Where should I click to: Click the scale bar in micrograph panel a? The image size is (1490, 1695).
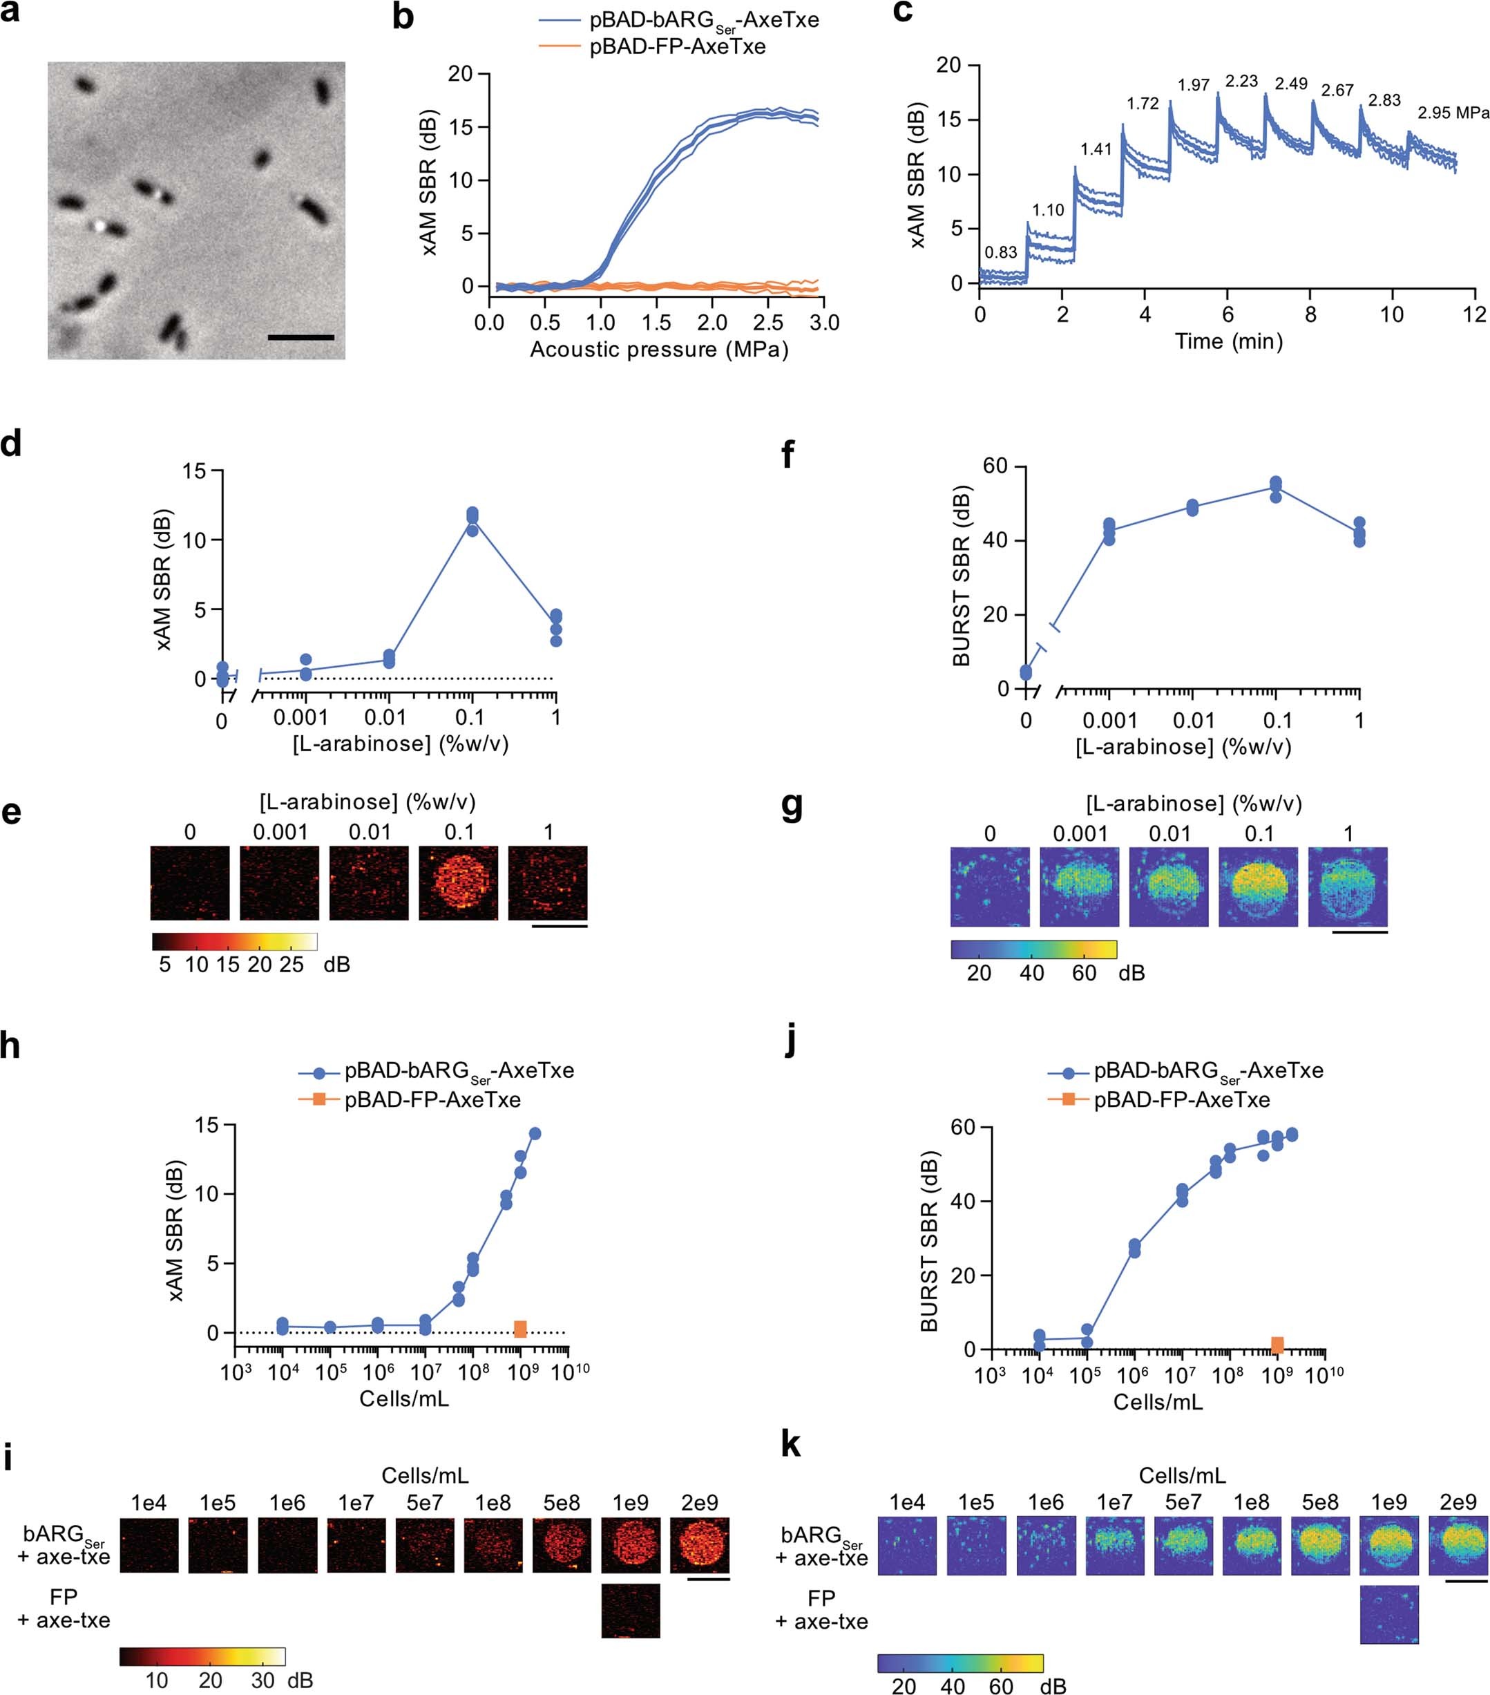click(301, 337)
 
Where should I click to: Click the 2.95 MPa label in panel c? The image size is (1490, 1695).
click(1453, 113)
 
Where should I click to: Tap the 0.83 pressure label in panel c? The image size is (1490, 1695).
click(1001, 253)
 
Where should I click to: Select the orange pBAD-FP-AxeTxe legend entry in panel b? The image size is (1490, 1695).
click(676, 46)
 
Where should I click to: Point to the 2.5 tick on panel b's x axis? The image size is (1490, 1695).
click(768, 322)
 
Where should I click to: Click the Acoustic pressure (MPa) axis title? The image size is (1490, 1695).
click(659, 349)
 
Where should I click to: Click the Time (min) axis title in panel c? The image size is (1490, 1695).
click(1229, 341)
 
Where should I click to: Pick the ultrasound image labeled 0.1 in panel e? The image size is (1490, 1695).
click(459, 882)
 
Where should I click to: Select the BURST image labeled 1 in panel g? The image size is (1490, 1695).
click(1348, 886)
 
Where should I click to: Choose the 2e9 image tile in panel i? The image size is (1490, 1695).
click(700, 1546)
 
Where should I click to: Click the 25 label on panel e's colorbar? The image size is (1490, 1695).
click(291, 965)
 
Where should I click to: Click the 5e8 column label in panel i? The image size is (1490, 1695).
click(562, 1503)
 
